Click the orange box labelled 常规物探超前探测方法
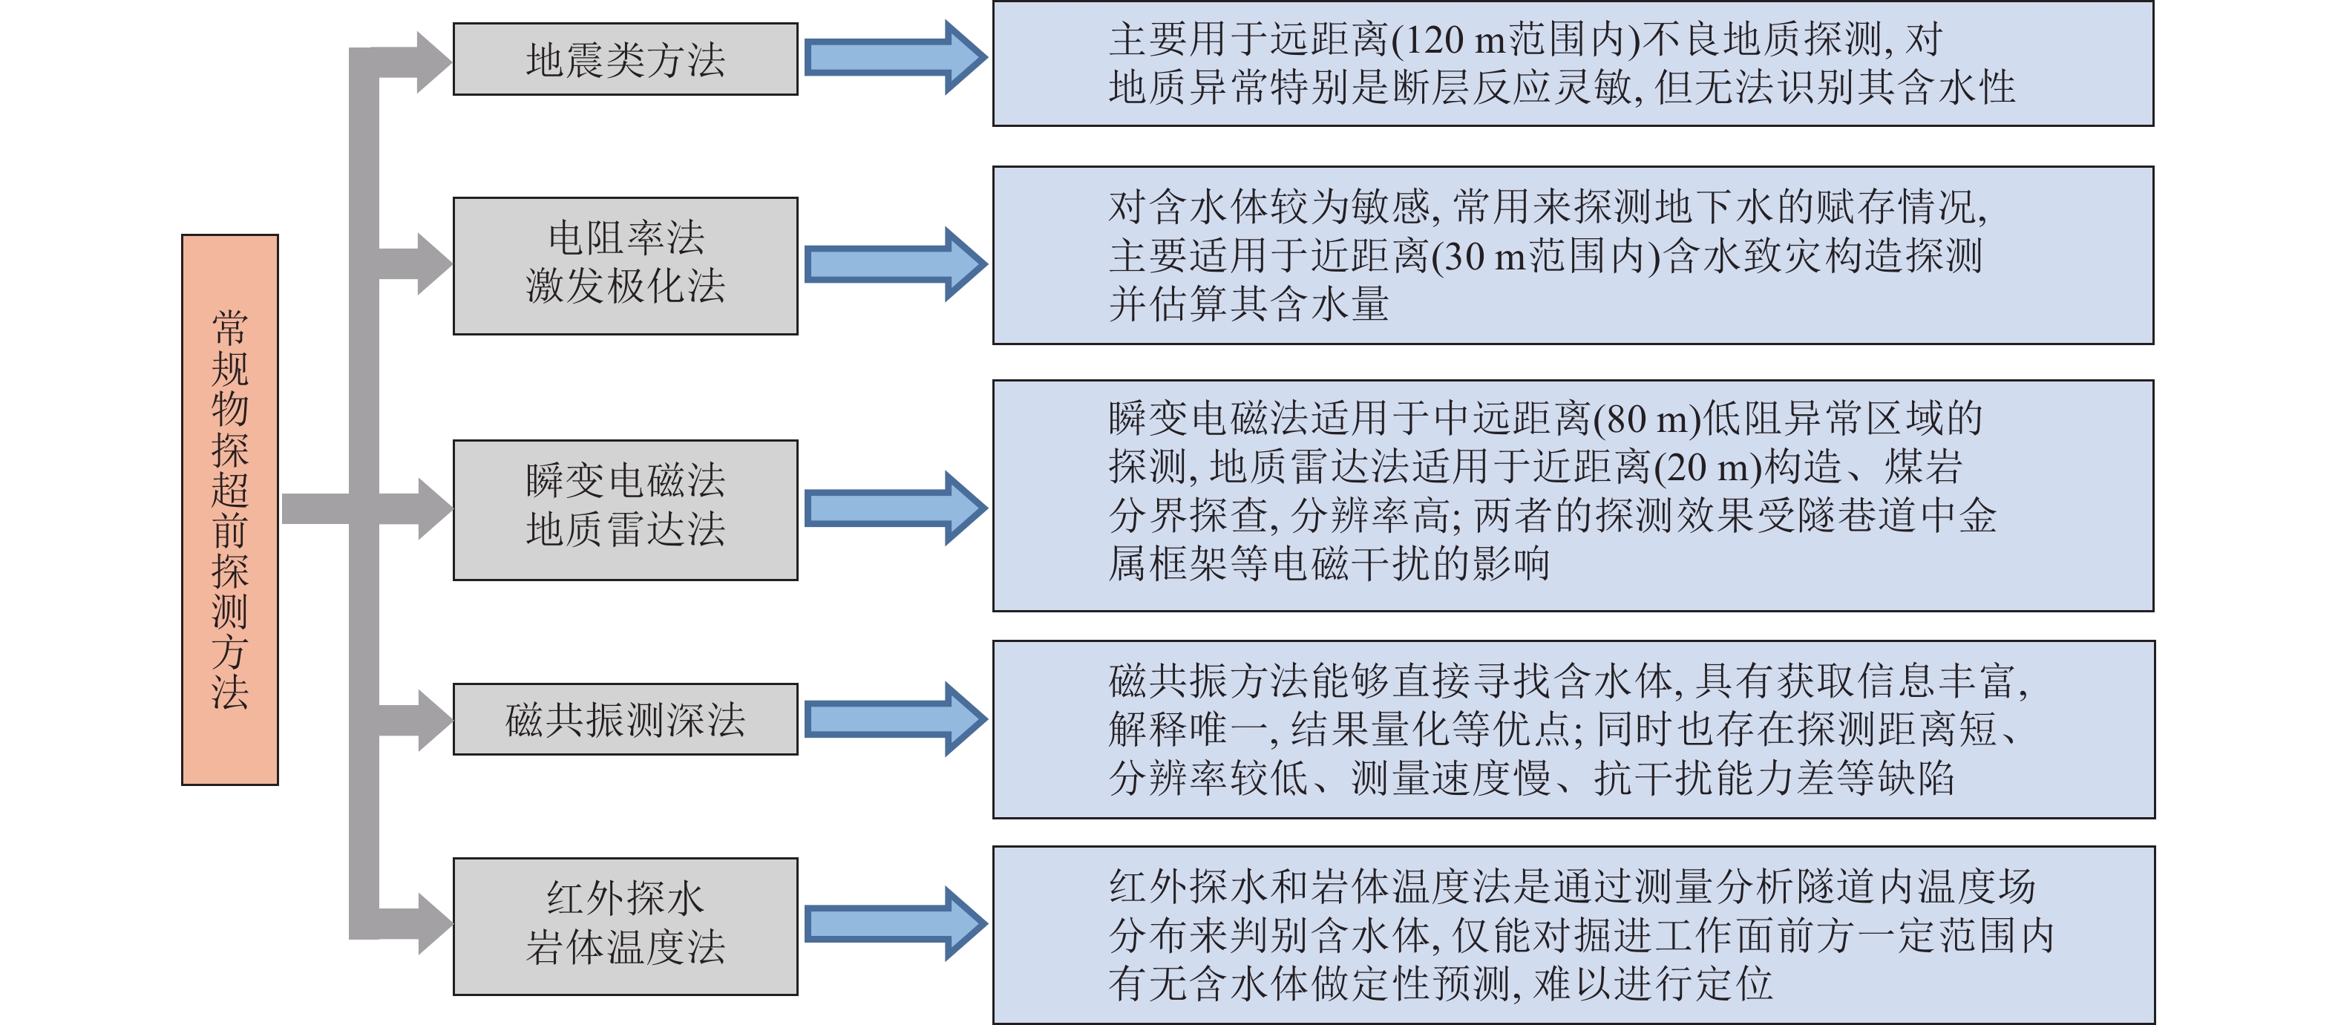click(x=229, y=509)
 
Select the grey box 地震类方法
click(x=626, y=60)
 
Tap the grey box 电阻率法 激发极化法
click(x=626, y=265)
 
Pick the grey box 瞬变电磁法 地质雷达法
click(x=626, y=509)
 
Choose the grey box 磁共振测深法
click(x=626, y=719)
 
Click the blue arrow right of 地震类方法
click(x=894, y=57)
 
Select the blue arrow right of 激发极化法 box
click(x=894, y=264)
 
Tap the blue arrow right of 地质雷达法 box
click(x=894, y=508)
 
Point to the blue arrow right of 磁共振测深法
click(x=894, y=719)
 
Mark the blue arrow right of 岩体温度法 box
click(x=894, y=924)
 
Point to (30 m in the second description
click(x=1479, y=257)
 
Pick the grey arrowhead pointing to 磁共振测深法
click(x=433, y=720)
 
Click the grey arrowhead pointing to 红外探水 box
click(x=433, y=924)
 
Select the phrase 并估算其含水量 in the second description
click(x=1248, y=304)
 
